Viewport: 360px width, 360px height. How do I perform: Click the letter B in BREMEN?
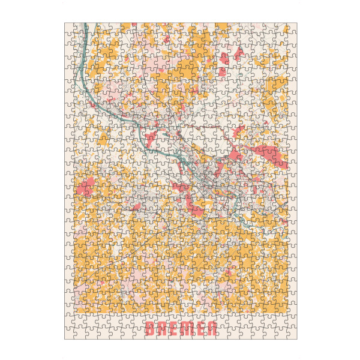[x=149, y=328]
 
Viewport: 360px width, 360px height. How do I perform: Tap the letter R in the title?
[x=162, y=328]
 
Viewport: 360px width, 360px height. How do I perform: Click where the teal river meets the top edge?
[x=86, y=25]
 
